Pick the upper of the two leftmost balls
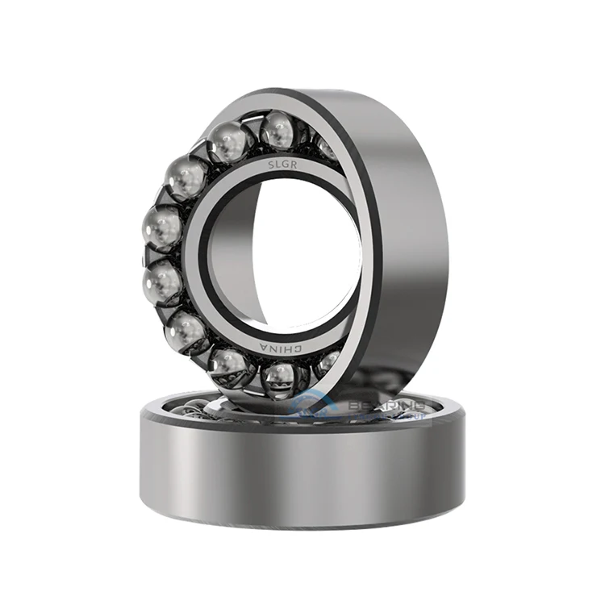[x=161, y=228]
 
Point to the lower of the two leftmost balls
[x=163, y=283]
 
